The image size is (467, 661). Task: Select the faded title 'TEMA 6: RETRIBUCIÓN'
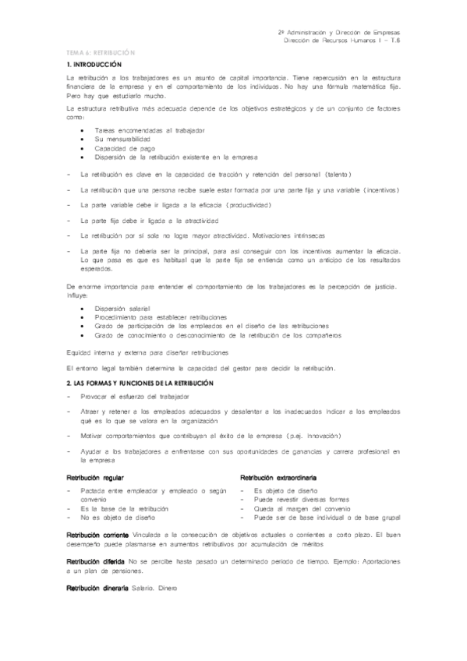pyautogui.click(x=101, y=51)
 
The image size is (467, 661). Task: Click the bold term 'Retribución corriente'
pyautogui.click(x=97, y=535)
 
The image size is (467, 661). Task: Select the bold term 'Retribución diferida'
pyautogui.click(x=95, y=561)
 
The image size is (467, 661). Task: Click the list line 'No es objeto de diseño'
pyautogui.click(x=118, y=517)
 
